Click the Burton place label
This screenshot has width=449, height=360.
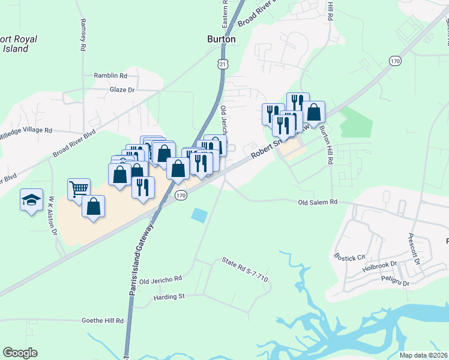click(x=221, y=39)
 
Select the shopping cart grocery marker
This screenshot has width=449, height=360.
click(x=79, y=190)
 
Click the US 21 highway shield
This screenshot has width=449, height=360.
click(x=222, y=63)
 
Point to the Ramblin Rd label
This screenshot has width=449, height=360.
click(x=110, y=76)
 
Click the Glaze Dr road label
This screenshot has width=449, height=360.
click(x=122, y=89)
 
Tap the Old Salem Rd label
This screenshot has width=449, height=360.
click(x=318, y=203)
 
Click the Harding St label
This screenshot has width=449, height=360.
click(x=170, y=296)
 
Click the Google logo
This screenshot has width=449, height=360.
click(x=20, y=353)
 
